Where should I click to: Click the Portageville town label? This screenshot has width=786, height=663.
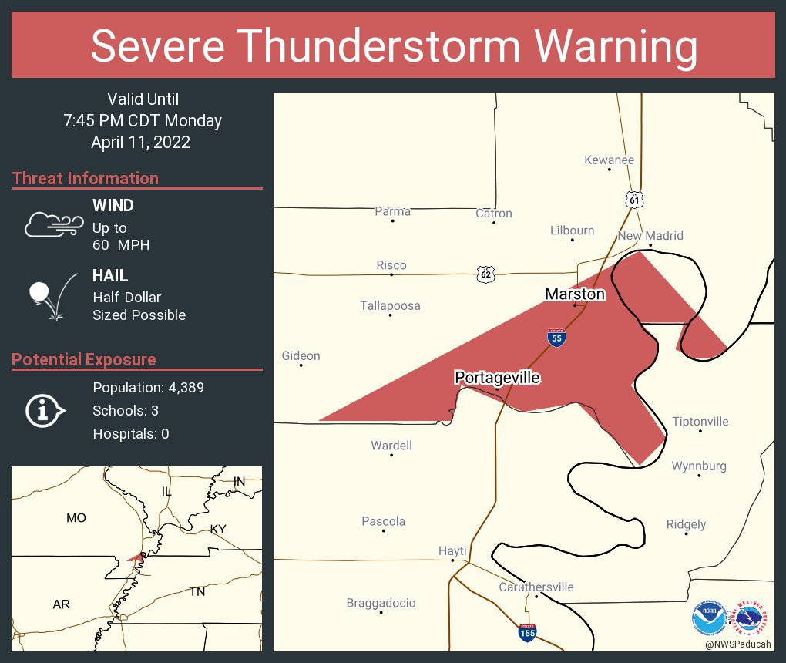497,377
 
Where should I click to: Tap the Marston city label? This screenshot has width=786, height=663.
575,294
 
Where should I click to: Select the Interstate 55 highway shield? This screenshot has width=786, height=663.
556,337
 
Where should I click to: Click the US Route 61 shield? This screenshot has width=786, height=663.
633,199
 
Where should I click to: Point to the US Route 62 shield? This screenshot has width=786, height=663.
485,274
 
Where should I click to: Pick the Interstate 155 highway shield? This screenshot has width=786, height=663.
527,633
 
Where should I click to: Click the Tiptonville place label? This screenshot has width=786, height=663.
700,422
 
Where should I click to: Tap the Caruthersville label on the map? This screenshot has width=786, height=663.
536,587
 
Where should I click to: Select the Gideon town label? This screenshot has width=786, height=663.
301,355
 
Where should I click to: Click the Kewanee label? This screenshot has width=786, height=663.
609,160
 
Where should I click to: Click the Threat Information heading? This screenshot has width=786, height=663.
86,178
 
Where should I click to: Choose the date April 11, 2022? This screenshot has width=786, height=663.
140,142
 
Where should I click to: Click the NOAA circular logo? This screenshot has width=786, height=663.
707,618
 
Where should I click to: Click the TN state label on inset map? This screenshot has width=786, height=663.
197,591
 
